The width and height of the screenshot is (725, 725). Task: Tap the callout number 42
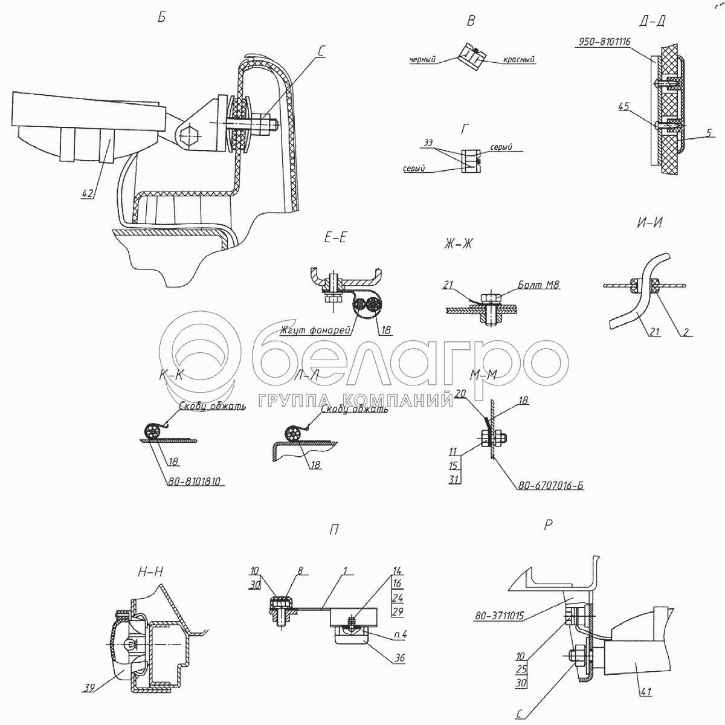point(88,193)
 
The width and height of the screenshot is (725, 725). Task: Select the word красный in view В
point(519,60)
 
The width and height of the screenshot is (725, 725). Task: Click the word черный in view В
point(422,59)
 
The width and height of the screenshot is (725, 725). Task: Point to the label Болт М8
point(537,283)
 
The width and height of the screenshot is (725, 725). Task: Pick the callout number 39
point(90,687)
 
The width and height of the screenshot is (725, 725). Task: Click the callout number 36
point(399,658)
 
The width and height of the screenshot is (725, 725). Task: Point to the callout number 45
point(623,106)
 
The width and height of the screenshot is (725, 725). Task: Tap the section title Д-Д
point(652,21)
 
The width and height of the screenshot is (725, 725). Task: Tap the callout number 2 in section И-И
point(687,332)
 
